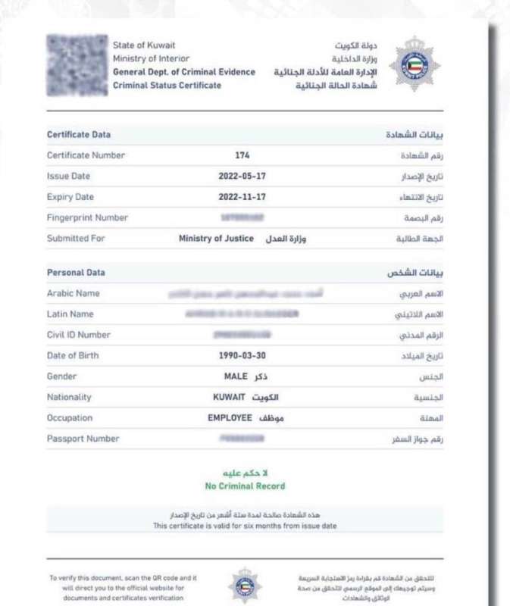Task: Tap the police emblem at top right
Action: coord(414,63)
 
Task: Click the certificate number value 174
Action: coord(242,155)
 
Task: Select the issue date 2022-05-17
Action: coord(242,176)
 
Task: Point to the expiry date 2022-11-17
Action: coord(242,197)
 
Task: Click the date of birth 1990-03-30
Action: coord(242,355)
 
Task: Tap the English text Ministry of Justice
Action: coord(216,239)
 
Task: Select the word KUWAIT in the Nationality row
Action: coord(229,397)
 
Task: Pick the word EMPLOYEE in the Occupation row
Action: coord(230,418)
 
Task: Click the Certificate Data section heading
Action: coord(79,135)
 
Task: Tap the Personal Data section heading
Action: coord(76,273)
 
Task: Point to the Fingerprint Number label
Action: coord(87,217)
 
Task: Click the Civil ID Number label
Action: coord(79,335)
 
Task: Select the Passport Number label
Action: coord(83,439)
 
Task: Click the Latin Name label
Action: coord(70,314)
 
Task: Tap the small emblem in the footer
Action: coord(245,586)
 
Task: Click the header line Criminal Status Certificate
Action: coord(167,86)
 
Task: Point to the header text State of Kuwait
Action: coord(144,45)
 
